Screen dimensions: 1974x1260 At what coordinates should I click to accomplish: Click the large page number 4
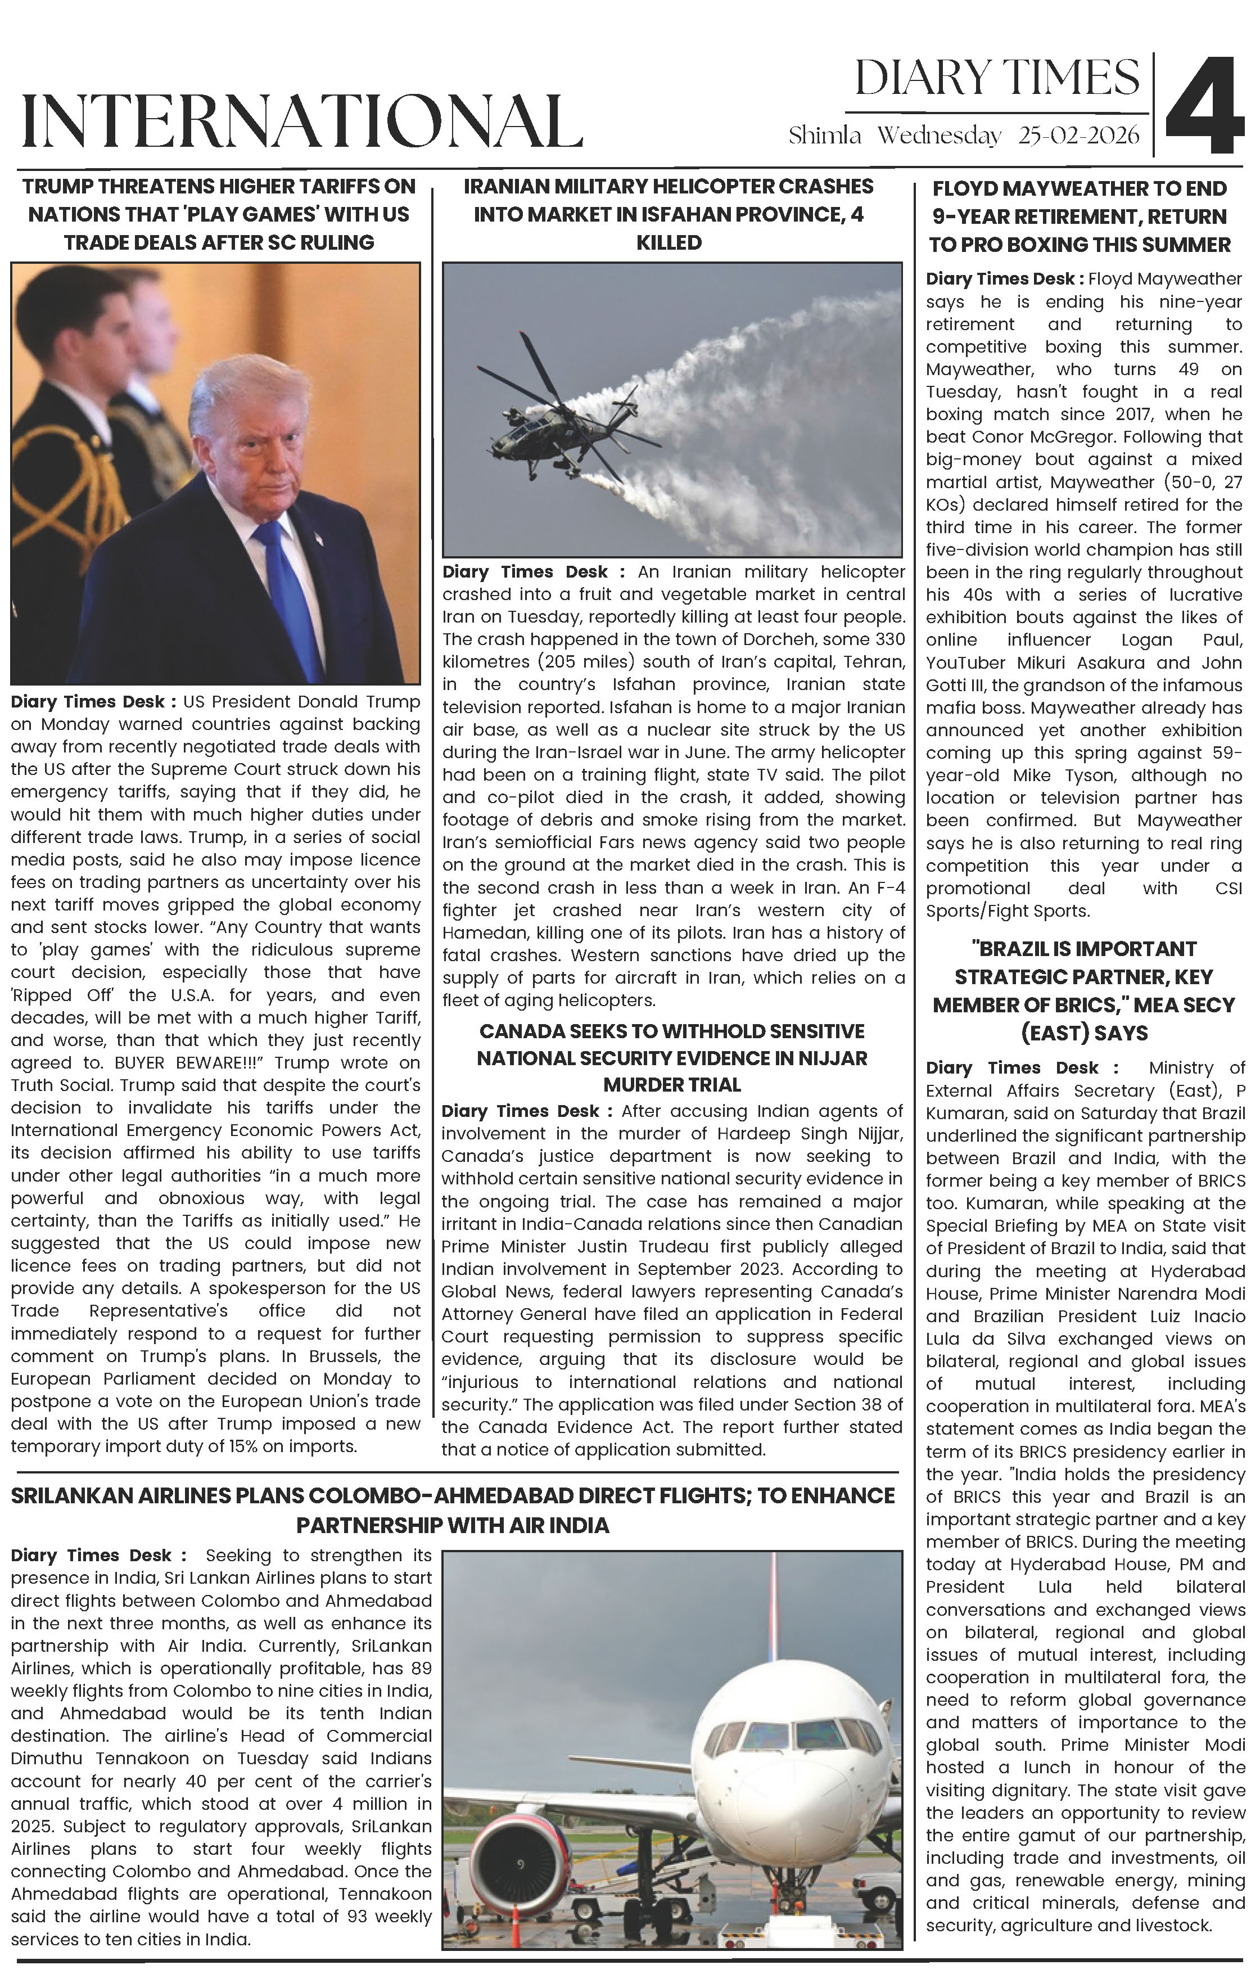[x=1205, y=106]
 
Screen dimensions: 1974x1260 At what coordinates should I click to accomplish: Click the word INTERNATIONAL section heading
[x=302, y=122]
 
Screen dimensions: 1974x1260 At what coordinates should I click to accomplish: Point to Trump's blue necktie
[x=291, y=591]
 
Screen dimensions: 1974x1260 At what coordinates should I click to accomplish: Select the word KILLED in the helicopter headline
[x=669, y=242]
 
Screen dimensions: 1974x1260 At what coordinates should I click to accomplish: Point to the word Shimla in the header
[x=825, y=136]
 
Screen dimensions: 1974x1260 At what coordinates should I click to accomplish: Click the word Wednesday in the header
[x=940, y=136]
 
